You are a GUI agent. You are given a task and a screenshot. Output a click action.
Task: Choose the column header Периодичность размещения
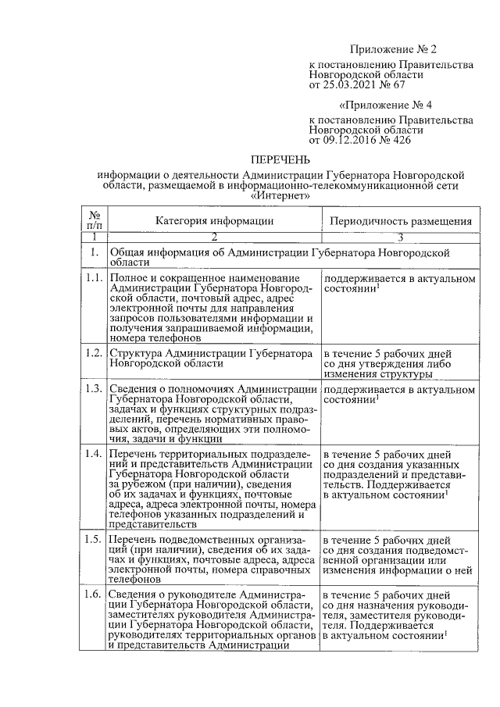[x=402, y=221]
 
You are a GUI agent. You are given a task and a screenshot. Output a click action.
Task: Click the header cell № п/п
[x=95, y=220]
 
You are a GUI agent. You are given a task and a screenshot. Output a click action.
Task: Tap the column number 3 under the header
[x=401, y=236]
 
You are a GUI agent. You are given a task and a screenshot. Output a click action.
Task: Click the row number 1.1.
[x=95, y=279]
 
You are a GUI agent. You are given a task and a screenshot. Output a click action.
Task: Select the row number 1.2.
[x=95, y=353]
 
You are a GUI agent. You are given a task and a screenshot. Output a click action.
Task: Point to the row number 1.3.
[x=95, y=389]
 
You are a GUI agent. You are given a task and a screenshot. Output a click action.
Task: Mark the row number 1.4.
[x=95, y=454]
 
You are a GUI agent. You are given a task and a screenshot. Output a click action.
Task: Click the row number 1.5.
[x=95, y=539]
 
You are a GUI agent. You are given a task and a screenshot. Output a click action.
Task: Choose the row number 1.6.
[x=95, y=595]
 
